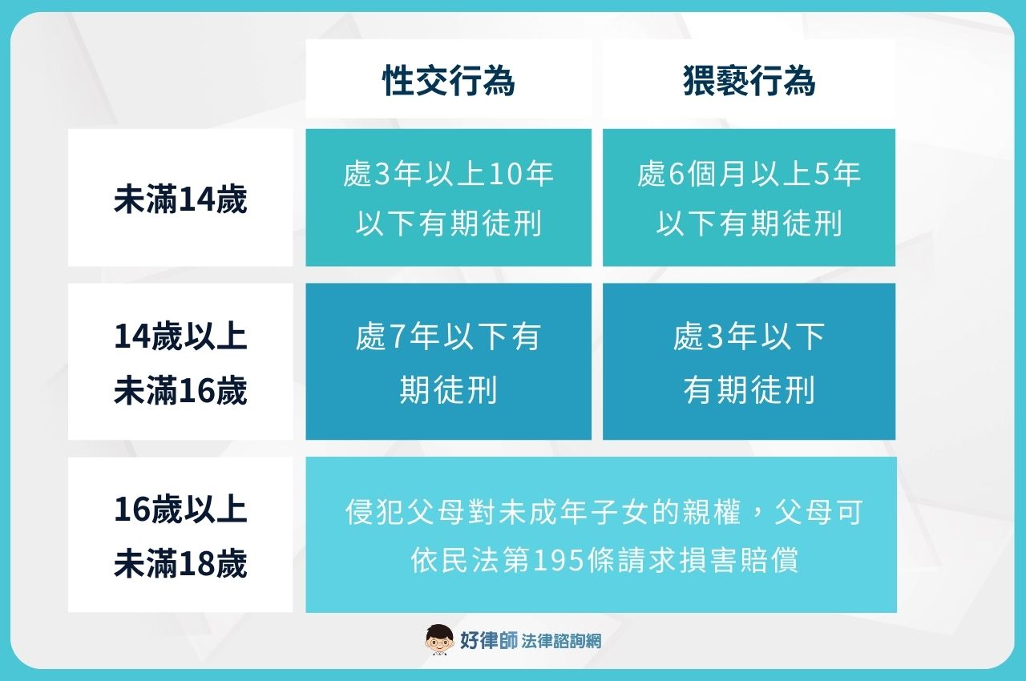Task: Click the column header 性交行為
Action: point(448,82)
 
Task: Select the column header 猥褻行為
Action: point(749,82)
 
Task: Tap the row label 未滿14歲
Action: point(180,199)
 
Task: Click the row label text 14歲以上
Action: point(180,337)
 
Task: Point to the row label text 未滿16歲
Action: point(180,392)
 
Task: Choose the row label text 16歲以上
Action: point(180,510)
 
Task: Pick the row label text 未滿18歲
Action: point(180,565)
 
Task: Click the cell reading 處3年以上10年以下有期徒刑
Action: point(448,199)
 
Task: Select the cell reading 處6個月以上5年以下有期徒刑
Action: point(749,199)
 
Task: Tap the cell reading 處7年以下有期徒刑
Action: point(448,363)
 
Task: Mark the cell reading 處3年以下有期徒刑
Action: point(749,363)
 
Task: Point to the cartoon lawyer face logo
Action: point(438,639)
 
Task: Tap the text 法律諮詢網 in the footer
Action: point(561,641)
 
